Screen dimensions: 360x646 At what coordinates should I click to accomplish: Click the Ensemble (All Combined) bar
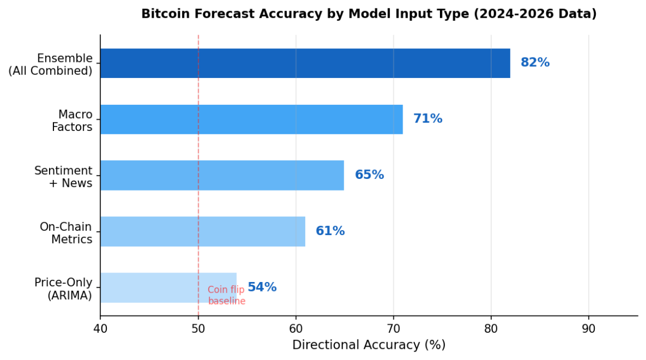pos(305,63)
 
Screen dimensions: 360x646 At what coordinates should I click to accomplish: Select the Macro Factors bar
pos(251,119)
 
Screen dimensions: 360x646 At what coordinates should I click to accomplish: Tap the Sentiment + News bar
pos(222,175)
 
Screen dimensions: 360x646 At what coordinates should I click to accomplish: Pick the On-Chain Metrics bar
pos(203,231)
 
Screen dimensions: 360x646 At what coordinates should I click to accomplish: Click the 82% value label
pos(535,63)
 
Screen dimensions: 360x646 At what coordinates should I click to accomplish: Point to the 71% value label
pos(428,119)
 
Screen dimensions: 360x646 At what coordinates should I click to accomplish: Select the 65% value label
pos(369,175)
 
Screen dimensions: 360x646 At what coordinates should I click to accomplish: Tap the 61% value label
pos(330,231)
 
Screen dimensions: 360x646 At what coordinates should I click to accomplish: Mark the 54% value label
pos(262,288)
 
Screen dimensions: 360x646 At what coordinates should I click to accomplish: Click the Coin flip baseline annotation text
pos(226,295)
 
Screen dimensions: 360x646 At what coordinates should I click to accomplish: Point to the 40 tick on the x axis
pos(100,329)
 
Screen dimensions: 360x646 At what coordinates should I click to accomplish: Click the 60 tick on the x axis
pos(296,329)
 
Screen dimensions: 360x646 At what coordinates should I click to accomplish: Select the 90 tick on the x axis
pos(589,329)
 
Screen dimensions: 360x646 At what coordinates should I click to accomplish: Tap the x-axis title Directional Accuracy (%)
pos(369,345)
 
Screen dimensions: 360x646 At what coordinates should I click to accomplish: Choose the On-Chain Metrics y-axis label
pos(66,233)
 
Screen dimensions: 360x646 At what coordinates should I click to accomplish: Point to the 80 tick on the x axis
pos(491,329)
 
